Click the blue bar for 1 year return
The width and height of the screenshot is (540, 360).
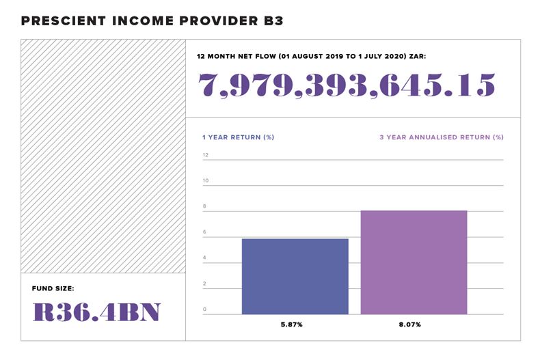click(295, 277)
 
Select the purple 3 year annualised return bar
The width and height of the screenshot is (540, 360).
click(414, 262)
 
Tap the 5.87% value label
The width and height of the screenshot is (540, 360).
click(295, 324)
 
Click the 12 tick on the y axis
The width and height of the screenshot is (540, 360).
click(205, 155)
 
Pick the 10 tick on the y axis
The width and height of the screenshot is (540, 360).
click(205, 181)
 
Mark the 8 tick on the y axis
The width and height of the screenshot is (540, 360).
click(204, 206)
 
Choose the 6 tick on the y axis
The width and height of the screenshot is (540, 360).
click(204, 232)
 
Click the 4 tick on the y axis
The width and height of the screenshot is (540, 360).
click(204, 258)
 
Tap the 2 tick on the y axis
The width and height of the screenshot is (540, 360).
click(204, 283)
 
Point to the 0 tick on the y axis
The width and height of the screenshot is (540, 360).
click(204, 309)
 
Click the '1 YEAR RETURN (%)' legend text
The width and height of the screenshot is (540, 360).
click(238, 137)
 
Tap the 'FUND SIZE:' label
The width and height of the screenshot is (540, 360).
click(53, 288)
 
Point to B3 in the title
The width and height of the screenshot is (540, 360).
click(271, 21)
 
